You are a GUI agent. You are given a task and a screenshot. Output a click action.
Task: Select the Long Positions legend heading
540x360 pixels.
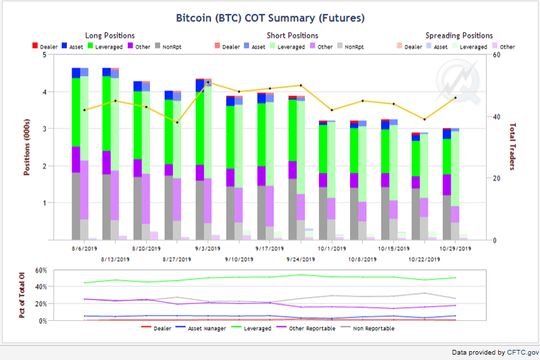coord(109,35)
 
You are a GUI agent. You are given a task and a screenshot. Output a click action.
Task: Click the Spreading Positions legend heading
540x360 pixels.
coord(459,35)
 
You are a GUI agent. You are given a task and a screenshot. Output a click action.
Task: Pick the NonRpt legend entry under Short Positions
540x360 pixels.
coord(349,47)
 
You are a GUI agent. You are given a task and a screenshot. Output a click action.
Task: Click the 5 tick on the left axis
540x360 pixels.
coord(43,55)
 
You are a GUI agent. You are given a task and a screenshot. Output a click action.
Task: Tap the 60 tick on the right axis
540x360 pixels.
coord(495,55)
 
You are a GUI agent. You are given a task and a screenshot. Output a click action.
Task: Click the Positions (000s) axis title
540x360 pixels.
coord(27,147)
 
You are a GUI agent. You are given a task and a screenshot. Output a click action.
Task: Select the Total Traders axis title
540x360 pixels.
coord(512,147)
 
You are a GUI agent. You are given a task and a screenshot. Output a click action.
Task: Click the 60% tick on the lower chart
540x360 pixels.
coord(40,271)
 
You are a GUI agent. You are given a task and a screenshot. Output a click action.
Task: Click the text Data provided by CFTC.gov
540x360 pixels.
coord(495,352)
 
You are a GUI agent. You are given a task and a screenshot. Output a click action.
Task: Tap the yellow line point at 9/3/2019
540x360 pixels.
coord(208,82)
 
